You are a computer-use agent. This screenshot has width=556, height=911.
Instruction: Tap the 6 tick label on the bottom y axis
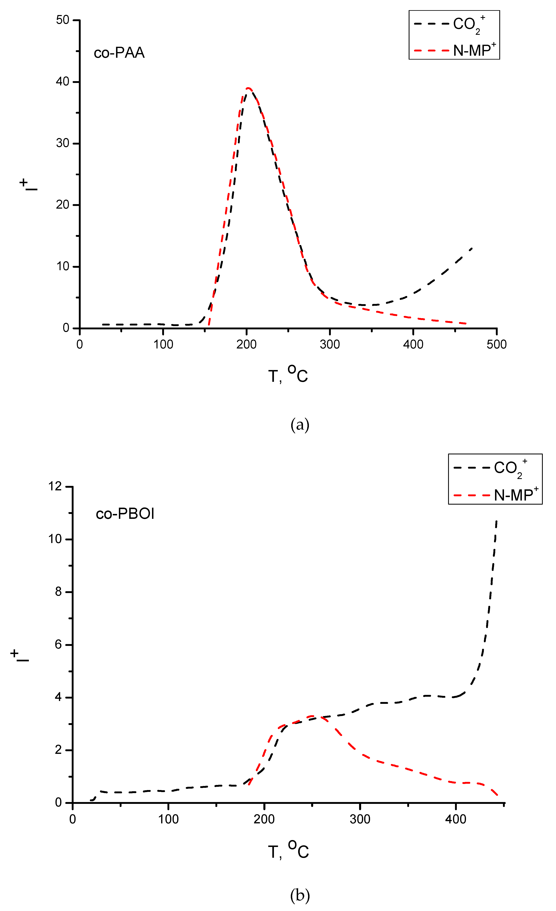58,645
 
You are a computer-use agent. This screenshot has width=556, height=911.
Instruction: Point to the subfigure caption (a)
300,425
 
